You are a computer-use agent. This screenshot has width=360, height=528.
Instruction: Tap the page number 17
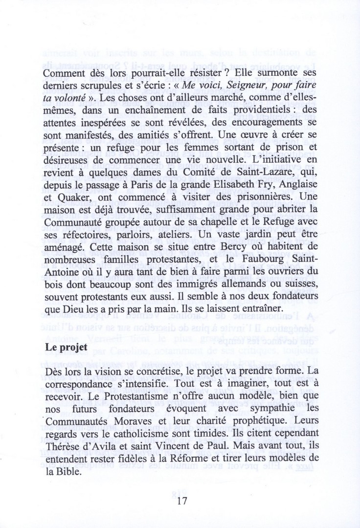(180, 501)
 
